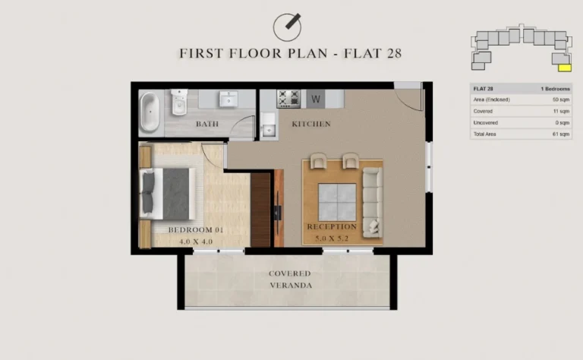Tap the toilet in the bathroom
click(x=179, y=100)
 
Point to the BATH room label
click(x=207, y=124)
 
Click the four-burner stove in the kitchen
click(x=288, y=98)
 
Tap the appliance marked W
click(x=316, y=98)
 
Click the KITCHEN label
click(x=310, y=124)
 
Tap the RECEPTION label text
click(x=332, y=226)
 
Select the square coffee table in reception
click(x=336, y=202)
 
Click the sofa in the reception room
click(x=372, y=201)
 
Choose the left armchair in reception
click(x=318, y=162)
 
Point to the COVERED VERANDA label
click(x=289, y=279)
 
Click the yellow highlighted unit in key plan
click(x=564, y=66)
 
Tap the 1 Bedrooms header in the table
click(x=554, y=89)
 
